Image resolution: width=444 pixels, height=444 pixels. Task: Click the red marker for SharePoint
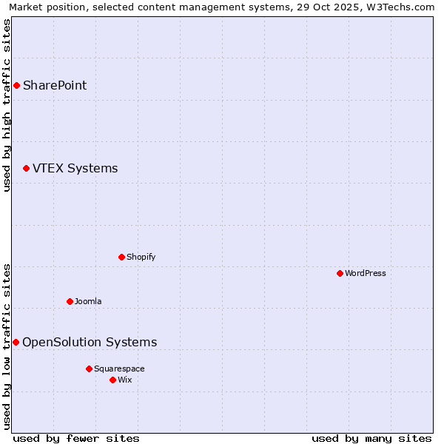(16, 85)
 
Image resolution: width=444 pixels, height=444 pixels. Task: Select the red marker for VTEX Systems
(26, 169)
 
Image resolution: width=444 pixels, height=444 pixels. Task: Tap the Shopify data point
(121, 257)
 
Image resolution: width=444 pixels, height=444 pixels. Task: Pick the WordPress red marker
(340, 273)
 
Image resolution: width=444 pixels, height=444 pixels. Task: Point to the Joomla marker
(70, 301)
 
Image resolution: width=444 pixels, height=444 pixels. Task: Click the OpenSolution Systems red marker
(16, 342)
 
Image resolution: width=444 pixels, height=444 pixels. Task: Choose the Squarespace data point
(89, 369)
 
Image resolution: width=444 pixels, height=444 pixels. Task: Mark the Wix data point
(112, 380)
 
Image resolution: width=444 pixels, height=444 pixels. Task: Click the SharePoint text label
(55, 85)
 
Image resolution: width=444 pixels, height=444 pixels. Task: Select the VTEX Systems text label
(75, 169)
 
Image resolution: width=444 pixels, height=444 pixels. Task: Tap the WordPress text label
(366, 273)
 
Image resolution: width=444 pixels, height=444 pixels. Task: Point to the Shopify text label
(141, 257)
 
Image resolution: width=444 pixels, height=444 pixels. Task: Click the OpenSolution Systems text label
(90, 342)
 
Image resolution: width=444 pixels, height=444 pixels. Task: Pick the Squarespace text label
(119, 369)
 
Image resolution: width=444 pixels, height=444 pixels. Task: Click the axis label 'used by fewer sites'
(76, 438)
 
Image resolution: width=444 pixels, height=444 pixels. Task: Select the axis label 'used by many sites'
(371, 438)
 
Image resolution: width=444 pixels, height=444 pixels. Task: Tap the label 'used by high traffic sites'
(7, 105)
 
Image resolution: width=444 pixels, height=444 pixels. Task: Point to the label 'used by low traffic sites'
(7, 346)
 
